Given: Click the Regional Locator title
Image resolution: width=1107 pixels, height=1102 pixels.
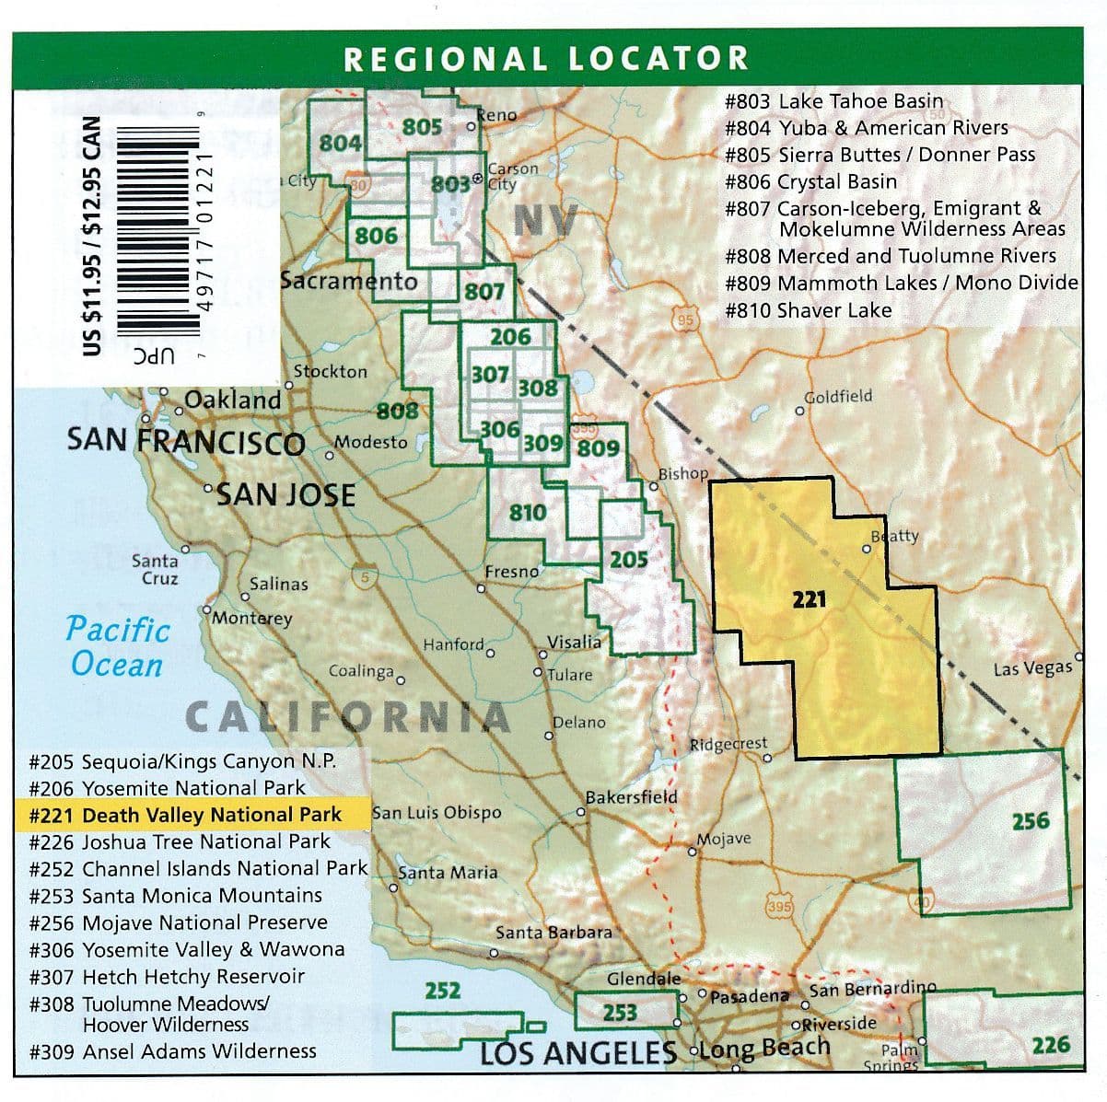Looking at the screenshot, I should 546,59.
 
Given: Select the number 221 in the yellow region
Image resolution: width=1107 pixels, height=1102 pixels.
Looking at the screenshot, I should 809,599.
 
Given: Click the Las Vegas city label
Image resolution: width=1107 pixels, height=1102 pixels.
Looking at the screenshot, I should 1031,669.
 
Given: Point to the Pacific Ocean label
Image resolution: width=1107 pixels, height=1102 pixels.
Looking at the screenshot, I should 117,647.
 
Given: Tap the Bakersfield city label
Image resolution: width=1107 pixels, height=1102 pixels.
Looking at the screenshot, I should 631,797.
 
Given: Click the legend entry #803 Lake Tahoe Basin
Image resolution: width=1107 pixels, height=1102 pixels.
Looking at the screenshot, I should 833,101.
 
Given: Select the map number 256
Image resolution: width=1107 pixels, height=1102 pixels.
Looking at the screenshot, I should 1030,820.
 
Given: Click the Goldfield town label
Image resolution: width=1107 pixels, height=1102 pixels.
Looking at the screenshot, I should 838,396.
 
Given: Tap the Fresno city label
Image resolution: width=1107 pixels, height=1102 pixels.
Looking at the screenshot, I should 511,572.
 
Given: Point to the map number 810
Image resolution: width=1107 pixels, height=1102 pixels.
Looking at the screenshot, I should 528,513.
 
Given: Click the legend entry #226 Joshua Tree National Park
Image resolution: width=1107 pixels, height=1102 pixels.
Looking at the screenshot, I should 180,841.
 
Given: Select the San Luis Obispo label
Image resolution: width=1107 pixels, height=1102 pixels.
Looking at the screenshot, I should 437,813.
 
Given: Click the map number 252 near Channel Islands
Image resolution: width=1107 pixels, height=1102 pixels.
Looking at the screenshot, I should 442,991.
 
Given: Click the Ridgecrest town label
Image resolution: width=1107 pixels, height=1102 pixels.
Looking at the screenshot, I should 728,744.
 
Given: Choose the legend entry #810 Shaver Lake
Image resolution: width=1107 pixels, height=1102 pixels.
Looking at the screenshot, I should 808,310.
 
